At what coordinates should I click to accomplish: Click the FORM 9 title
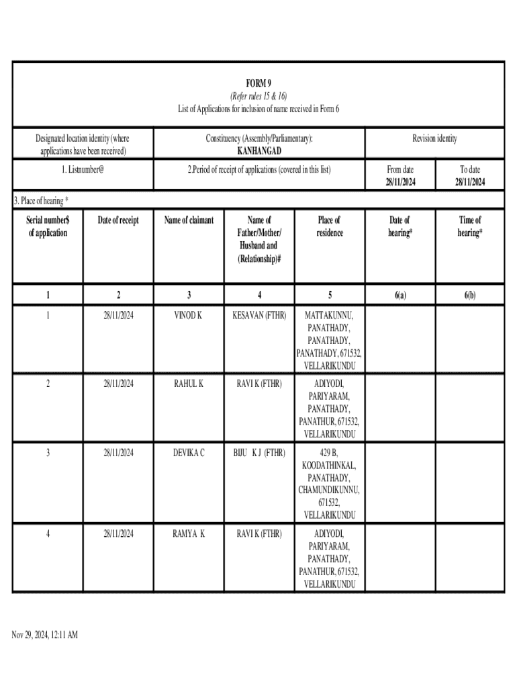(258, 83)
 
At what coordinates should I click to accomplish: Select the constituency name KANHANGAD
(258, 150)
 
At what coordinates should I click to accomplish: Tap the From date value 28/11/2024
(399, 182)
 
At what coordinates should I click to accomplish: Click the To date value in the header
(469, 182)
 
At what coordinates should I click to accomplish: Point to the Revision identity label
(434, 138)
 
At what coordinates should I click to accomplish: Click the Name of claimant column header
(189, 220)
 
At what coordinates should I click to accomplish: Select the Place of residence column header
(329, 226)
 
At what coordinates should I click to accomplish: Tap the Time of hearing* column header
(469, 226)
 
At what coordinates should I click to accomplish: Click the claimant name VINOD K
(189, 314)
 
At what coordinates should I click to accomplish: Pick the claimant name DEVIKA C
(189, 453)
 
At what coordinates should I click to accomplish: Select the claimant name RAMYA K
(189, 533)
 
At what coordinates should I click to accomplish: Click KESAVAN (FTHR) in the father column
(259, 314)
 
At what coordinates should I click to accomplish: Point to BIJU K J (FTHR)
(259, 453)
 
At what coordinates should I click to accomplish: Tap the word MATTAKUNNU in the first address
(329, 314)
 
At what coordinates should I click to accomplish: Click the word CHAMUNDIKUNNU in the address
(329, 490)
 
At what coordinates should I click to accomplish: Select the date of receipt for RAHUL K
(118, 384)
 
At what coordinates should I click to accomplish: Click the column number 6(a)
(399, 295)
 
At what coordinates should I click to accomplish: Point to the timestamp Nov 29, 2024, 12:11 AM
(45, 634)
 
